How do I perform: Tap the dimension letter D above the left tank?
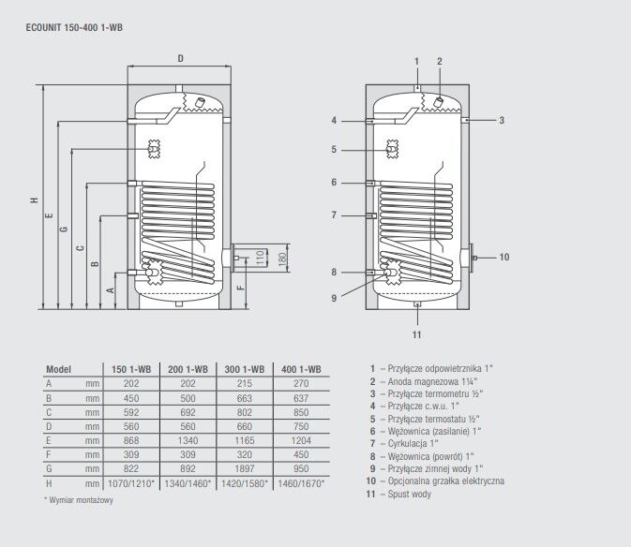(180, 59)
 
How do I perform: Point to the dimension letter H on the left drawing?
(33, 200)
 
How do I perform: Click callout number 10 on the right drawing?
(503, 257)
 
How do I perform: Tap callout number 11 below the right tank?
(417, 334)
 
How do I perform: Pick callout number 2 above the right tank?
(439, 61)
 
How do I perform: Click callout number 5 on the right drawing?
(333, 149)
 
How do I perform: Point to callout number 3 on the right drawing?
(502, 120)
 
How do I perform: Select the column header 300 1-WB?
(243, 370)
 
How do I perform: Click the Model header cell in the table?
(59, 370)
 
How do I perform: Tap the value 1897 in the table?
(243, 467)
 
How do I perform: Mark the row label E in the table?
(49, 439)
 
